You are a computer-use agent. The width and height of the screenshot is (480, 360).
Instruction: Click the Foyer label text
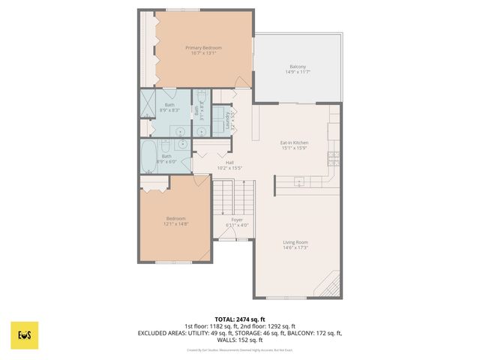tap(236, 220)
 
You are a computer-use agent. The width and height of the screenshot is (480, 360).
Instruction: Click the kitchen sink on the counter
tap(298, 181)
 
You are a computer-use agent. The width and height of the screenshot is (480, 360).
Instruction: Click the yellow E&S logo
tap(24, 336)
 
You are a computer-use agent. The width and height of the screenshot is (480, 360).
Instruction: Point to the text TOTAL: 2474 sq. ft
tap(239, 319)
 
